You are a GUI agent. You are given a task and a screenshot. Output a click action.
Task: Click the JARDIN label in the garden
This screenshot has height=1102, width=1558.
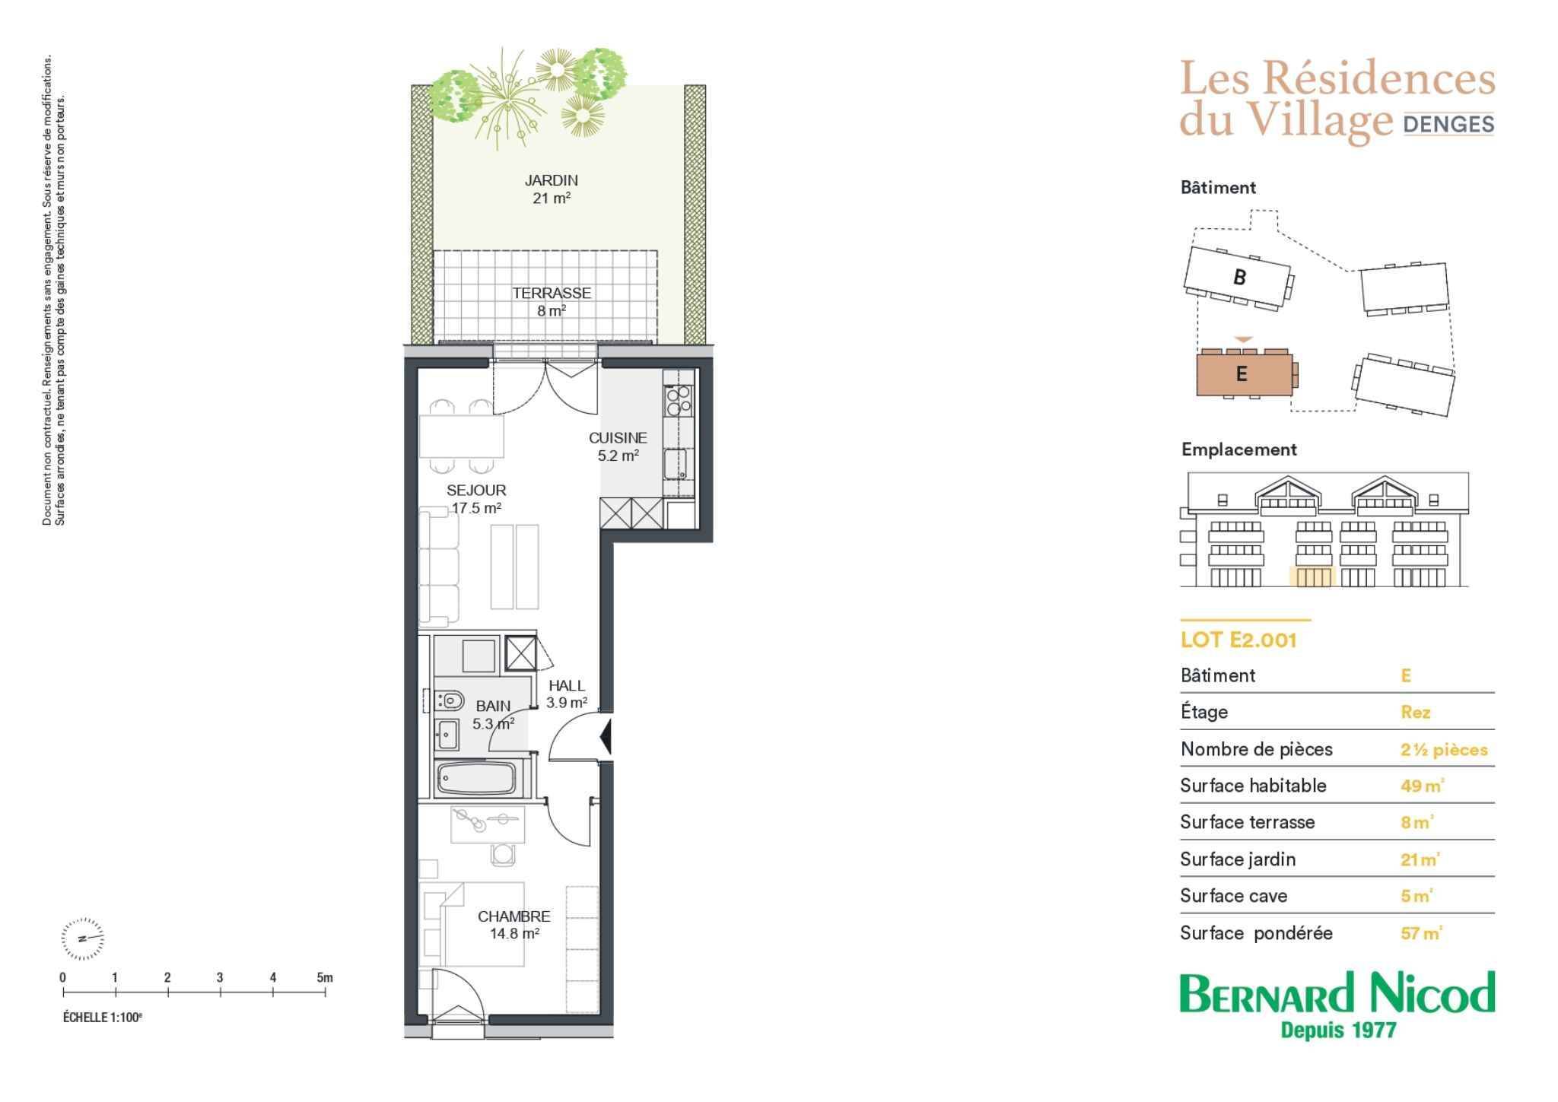[552, 181]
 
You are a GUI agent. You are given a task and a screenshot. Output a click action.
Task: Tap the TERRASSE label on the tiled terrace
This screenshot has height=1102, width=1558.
[552, 293]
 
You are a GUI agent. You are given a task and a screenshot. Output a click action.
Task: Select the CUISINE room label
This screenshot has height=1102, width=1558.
[618, 438]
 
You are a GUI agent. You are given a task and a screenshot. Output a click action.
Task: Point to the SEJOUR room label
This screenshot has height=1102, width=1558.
[476, 491]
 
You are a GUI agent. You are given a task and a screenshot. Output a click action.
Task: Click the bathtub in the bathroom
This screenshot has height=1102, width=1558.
[476, 778]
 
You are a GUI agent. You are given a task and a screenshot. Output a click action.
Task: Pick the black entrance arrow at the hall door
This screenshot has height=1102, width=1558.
[606, 735]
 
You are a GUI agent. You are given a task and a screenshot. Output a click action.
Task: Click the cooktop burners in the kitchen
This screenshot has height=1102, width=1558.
[678, 401]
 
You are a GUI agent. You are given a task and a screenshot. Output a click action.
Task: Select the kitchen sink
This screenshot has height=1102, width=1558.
[676, 464]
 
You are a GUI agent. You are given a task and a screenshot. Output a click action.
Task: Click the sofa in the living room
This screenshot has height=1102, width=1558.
[440, 567]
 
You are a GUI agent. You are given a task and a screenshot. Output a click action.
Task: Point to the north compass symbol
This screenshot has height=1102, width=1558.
[83, 938]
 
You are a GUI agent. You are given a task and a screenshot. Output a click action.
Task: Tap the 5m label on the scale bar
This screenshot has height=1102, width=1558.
[325, 978]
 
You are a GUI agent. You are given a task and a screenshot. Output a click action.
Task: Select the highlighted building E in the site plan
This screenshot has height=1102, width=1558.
[1245, 373]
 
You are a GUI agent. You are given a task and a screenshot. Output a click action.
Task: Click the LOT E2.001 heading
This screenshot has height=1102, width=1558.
[1238, 640]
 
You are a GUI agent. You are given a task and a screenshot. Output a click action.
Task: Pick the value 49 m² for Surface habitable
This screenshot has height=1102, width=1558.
[1422, 786]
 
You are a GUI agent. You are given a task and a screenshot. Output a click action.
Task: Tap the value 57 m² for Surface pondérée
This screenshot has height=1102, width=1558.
[1421, 933]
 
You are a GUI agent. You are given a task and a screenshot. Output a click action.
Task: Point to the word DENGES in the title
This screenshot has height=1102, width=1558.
[1448, 124]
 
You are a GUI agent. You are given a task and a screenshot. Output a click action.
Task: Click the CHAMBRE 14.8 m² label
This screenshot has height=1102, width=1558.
[514, 926]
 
